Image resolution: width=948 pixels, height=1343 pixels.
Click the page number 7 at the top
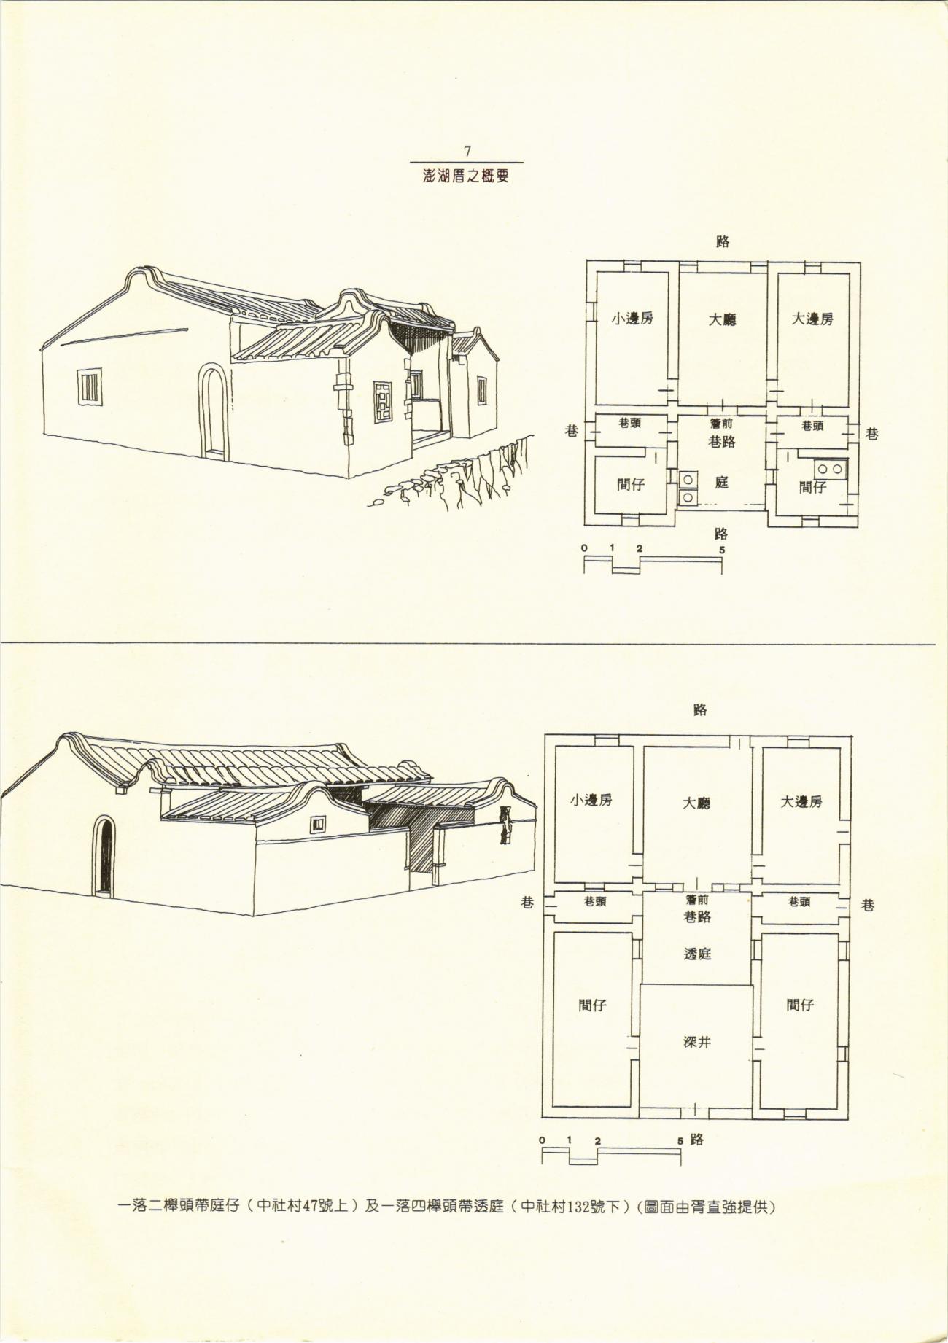(x=467, y=152)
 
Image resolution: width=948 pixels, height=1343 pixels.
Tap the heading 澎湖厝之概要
(x=466, y=176)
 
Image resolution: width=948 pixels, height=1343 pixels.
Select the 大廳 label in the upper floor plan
(x=723, y=319)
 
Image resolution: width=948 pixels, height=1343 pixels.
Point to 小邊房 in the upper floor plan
(x=632, y=318)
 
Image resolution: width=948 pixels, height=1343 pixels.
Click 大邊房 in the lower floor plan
(x=801, y=801)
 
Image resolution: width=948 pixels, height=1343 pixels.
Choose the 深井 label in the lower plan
(x=696, y=1042)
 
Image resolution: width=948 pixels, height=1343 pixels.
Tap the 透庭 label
(x=697, y=953)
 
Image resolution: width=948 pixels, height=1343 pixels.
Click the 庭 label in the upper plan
(x=721, y=482)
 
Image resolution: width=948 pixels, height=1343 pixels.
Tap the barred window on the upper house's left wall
(x=90, y=387)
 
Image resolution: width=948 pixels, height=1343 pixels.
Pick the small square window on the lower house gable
(x=318, y=825)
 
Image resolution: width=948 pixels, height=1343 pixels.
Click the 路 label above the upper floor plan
(x=722, y=242)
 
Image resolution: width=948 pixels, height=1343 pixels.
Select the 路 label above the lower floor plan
(x=700, y=709)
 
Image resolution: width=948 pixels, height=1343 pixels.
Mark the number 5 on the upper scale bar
(x=722, y=550)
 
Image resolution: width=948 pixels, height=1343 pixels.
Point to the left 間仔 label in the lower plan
(x=592, y=1005)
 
